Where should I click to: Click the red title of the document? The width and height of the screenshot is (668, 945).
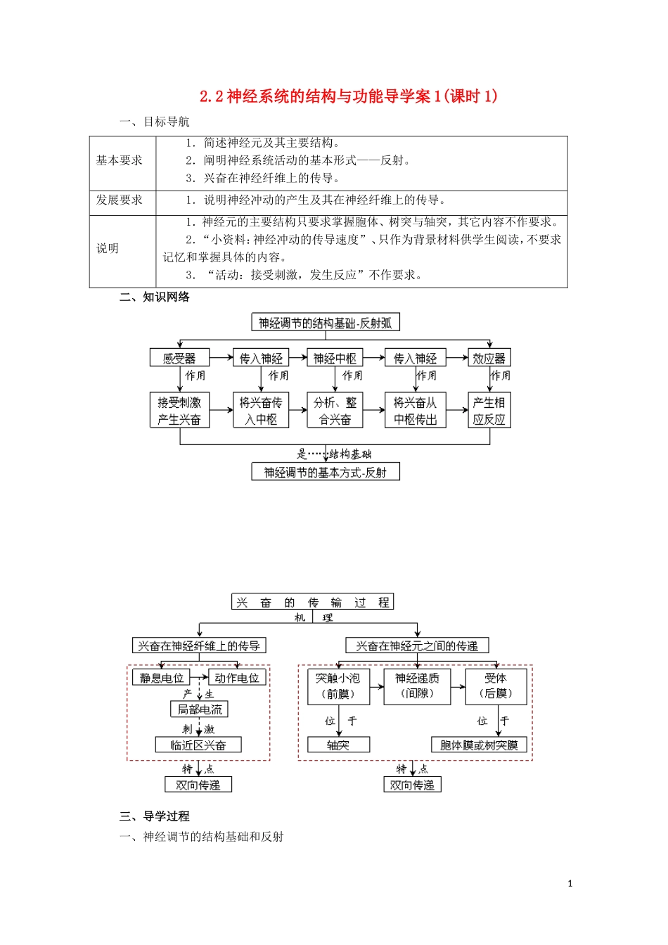pyautogui.click(x=348, y=96)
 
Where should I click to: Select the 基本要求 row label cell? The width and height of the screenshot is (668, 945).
pyautogui.click(x=120, y=161)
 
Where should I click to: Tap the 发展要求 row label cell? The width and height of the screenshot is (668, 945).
pyautogui.click(x=120, y=200)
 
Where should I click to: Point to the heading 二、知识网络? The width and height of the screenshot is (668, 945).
pyautogui.click(x=155, y=297)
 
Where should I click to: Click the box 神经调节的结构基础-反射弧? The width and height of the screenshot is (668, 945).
pyautogui.click(x=326, y=323)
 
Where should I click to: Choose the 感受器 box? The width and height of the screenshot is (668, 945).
pyautogui.click(x=179, y=358)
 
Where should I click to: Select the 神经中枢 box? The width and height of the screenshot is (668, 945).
pyautogui.click(x=335, y=358)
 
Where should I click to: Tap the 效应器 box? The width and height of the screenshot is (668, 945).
pyautogui.click(x=489, y=358)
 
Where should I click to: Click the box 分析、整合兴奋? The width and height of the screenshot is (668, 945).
pyautogui.click(x=335, y=411)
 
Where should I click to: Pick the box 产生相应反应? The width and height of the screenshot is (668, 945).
pyautogui.click(x=489, y=411)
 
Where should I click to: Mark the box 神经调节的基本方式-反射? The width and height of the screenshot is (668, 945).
pyautogui.click(x=326, y=472)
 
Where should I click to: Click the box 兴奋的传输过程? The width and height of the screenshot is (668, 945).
pyautogui.click(x=313, y=602)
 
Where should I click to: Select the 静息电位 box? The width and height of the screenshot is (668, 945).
pyautogui.click(x=161, y=678)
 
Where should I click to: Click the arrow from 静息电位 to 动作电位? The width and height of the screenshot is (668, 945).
pyautogui.click(x=199, y=678)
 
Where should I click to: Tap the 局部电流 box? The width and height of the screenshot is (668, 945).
pyautogui.click(x=199, y=709)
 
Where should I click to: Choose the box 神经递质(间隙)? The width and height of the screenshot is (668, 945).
pyautogui.click(x=417, y=686)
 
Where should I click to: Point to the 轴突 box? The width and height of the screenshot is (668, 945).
pyautogui.click(x=338, y=745)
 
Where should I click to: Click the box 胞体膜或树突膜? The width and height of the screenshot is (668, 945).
pyautogui.click(x=479, y=745)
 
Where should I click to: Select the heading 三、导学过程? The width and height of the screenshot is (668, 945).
pyautogui.click(x=155, y=816)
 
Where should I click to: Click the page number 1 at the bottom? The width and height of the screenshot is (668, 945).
pyautogui.click(x=570, y=884)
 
